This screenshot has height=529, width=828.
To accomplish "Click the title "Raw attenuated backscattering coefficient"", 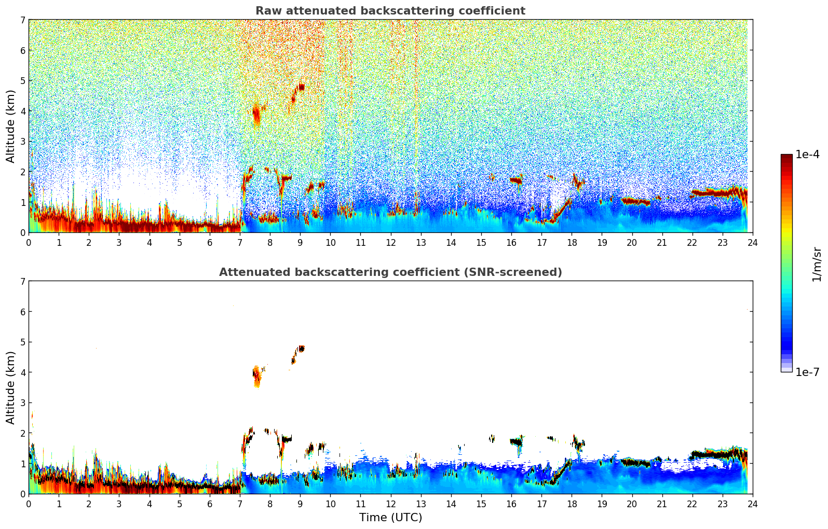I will (390, 11).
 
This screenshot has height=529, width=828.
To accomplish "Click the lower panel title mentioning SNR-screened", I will (390, 272).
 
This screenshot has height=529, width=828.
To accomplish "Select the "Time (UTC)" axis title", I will (390, 518).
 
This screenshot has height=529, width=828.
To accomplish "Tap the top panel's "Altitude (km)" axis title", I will (10, 126).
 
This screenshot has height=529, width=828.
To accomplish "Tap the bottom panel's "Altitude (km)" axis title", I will (10, 387).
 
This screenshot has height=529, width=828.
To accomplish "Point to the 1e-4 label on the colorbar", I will (807, 155).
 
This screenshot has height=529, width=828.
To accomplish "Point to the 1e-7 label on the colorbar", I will (807, 372).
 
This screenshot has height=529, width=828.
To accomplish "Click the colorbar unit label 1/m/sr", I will (817, 264).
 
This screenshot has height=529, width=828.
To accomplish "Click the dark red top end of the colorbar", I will (786, 156).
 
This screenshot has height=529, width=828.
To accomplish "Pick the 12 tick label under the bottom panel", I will (390, 504).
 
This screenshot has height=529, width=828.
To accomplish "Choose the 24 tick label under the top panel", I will (752, 242).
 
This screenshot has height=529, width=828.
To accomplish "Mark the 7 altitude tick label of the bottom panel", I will (22, 281).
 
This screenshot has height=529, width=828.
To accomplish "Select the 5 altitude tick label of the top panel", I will (22, 80).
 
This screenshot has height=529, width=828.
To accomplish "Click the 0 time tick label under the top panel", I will (29, 242).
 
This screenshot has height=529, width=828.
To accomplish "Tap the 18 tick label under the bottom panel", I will (572, 504).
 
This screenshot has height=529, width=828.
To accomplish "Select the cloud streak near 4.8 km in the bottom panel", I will (300, 349).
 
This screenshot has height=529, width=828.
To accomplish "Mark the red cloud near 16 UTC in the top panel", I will (515, 180).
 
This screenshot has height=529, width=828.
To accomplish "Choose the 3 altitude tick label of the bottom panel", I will (22, 403).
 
